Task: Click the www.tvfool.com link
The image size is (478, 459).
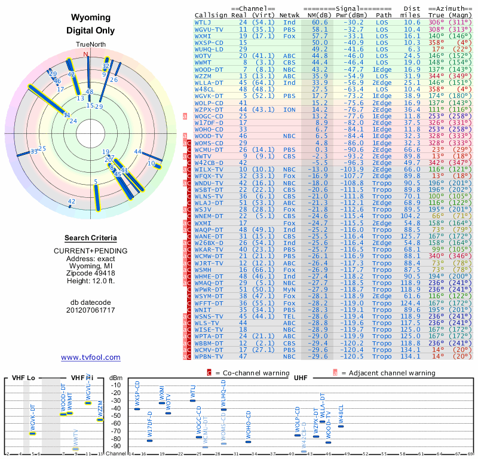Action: [x=90, y=357]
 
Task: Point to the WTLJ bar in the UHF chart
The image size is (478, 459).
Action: [x=192, y=400]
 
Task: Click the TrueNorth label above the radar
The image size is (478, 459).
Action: [x=90, y=45]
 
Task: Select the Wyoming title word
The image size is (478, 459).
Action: [x=90, y=18]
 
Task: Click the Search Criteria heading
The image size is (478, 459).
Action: [x=90, y=237]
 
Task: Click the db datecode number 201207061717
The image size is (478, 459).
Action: [x=90, y=310]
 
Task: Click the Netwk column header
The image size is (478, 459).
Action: [x=290, y=14]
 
